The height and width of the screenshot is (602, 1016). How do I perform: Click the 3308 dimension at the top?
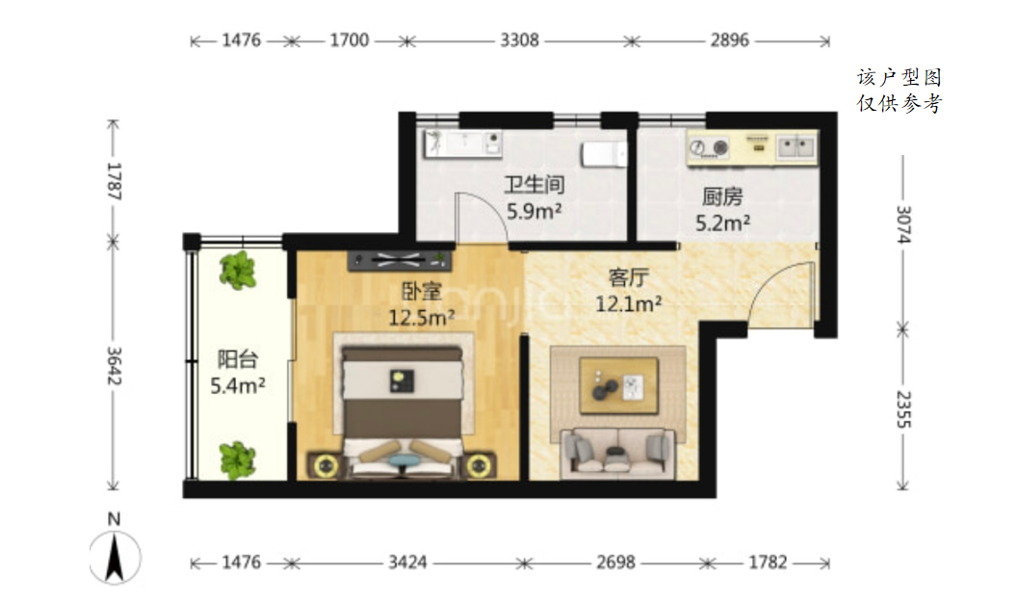click(519, 40)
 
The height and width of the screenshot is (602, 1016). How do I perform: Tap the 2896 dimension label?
click(730, 40)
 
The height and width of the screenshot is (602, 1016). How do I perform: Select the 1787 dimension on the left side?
click(114, 181)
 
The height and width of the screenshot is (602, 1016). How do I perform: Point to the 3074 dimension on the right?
click(903, 224)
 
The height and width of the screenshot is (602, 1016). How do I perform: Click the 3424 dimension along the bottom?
click(407, 562)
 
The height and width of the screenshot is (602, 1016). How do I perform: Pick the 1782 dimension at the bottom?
click(768, 562)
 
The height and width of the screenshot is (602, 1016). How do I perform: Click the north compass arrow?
click(115, 557)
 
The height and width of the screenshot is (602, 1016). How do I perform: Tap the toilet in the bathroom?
click(604, 154)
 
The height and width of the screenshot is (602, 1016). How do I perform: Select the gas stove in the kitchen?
click(708, 147)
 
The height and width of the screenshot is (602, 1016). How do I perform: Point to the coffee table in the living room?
click(619, 385)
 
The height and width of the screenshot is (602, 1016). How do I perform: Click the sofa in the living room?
click(617, 453)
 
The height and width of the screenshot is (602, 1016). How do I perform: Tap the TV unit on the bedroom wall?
click(400, 260)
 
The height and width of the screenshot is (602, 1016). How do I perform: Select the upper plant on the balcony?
click(238, 271)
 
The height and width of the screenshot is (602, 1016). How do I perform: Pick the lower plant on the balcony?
click(238, 460)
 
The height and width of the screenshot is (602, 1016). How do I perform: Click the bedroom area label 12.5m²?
click(421, 318)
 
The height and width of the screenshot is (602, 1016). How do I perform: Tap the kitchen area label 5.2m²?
click(723, 222)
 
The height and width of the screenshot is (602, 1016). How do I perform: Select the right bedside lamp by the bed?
click(479, 464)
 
